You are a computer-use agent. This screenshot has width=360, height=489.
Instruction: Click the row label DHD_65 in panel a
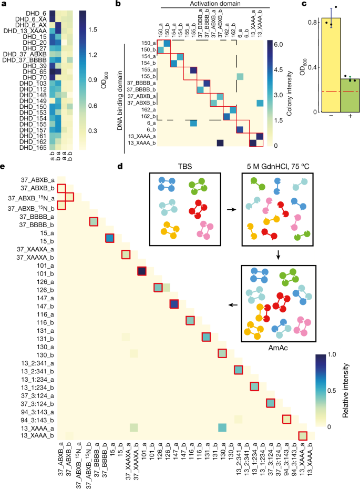(35, 72)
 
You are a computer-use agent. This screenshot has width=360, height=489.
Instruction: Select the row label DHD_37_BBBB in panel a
(25, 60)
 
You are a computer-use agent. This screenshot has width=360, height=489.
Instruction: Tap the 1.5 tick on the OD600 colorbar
(92, 29)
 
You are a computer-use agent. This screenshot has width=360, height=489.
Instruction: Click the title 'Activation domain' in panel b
(215, 4)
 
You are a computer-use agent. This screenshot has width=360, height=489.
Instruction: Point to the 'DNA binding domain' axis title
(120, 100)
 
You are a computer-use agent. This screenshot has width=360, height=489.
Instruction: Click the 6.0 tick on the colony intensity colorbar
(279, 45)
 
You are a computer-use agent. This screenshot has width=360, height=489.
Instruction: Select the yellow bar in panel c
(331, 65)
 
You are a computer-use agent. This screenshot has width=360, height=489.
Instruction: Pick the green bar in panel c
(351, 95)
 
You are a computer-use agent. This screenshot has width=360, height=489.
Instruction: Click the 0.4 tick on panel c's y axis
(313, 67)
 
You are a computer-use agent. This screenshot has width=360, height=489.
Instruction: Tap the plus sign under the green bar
(351, 116)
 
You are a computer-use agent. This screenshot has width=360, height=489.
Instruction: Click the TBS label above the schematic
(185, 167)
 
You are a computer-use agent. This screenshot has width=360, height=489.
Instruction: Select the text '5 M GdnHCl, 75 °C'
(278, 167)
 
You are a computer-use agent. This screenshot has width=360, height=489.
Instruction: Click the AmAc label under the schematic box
(278, 348)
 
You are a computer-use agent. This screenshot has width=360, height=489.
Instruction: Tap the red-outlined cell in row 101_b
(142, 271)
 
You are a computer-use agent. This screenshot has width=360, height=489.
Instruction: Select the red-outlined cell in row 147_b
(174, 304)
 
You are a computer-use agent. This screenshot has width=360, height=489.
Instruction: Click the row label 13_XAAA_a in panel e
(38, 428)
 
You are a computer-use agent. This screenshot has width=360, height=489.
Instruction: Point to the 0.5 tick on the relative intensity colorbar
(332, 391)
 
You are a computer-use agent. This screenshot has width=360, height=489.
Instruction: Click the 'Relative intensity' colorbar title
(345, 391)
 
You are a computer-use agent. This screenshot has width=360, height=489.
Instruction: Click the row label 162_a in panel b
(148, 110)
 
